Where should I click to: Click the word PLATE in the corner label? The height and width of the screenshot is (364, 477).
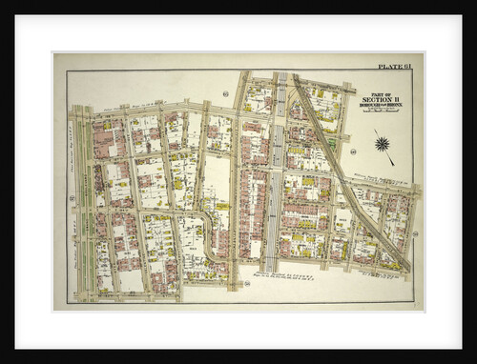(x=386, y=67)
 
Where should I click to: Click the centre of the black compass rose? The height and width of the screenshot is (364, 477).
(x=384, y=144)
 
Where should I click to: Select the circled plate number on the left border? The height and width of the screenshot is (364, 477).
(x=72, y=198)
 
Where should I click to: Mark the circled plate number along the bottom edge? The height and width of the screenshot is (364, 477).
(x=246, y=283)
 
